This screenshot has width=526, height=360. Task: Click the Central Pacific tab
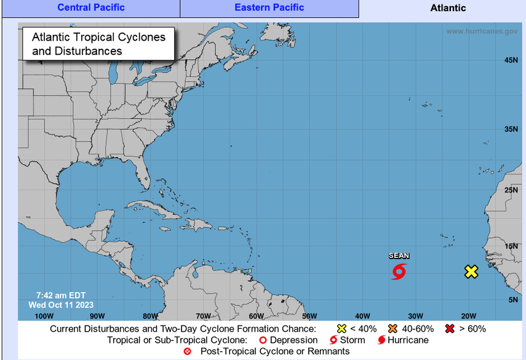[x=91, y=8]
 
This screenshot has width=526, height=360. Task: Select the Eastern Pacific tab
[x=269, y=8]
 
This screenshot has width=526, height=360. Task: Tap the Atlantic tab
[x=447, y=8]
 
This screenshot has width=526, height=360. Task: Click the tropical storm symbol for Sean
[x=399, y=271]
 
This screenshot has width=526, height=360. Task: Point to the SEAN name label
[x=399, y=256]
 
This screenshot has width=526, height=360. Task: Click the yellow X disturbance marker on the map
[x=471, y=271]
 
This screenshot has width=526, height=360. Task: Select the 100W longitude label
[x=44, y=316]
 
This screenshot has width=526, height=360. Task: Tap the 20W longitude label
[x=469, y=316]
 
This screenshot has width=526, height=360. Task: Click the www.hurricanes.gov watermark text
[x=482, y=31]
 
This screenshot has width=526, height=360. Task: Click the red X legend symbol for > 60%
[x=450, y=329]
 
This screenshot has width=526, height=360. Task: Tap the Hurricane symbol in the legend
[x=381, y=340]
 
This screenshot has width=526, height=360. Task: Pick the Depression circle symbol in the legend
[x=263, y=340]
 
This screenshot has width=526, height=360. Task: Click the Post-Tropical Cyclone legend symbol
[x=188, y=351]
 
